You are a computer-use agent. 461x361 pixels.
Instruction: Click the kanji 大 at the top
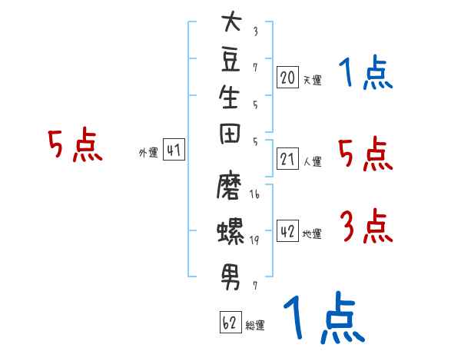click(232, 21)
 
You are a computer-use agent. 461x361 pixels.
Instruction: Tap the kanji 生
click(229, 97)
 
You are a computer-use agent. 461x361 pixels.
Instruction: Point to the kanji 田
click(230, 134)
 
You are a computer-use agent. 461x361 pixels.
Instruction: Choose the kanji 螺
click(230, 231)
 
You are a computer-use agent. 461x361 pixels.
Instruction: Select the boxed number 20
click(287, 77)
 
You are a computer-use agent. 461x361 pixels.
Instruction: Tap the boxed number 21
click(287, 158)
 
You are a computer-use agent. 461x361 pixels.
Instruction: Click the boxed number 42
click(287, 230)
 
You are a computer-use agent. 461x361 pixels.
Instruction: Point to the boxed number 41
click(174, 149)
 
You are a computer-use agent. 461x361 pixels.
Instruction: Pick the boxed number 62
click(230, 322)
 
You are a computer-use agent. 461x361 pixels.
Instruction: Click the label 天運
click(312, 80)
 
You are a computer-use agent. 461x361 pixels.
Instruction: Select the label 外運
click(148, 153)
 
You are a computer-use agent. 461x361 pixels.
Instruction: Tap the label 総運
click(255, 325)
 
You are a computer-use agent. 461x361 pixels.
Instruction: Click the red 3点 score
click(367, 226)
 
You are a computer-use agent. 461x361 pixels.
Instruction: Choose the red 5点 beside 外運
click(75, 144)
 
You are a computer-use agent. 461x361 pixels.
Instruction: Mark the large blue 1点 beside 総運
click(324, 317)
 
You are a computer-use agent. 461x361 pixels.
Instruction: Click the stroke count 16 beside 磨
click(254, 194)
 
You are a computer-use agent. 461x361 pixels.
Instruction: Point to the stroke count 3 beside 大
click(256, 31)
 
